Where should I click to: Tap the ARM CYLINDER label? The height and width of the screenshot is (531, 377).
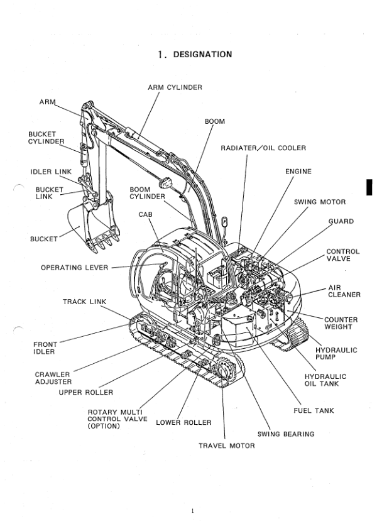175,87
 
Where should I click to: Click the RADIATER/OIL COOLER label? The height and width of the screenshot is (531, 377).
263,148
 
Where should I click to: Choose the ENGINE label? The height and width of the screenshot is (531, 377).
298,172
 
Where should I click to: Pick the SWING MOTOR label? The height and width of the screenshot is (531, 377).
320,202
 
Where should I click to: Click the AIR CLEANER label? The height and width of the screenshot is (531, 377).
344,291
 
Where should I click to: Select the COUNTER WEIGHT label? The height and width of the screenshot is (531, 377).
341,323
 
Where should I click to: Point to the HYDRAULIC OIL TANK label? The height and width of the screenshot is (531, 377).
325,380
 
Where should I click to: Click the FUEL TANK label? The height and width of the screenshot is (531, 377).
314,411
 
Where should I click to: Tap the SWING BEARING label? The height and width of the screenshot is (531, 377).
286,434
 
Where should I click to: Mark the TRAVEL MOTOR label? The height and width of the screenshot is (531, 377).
227,446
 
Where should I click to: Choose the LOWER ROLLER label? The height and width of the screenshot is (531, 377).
183,422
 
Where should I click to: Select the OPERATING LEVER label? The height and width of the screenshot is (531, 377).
74,268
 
